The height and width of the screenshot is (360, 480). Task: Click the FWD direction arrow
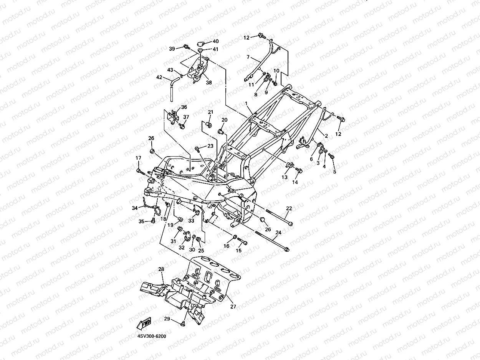pos(144,324)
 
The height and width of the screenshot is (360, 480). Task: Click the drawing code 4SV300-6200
pos(152,336)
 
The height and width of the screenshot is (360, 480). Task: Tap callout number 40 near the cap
pos(216,41)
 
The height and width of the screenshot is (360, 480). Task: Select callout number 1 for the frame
pos(246,103)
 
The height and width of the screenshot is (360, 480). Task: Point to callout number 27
pos(233,307)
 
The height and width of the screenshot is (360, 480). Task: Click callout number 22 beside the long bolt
pos(289,208)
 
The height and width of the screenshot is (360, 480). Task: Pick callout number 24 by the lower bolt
pos(278,233)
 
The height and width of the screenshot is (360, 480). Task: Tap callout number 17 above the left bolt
pos(138,158)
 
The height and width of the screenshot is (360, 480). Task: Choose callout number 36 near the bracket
pos(184,107)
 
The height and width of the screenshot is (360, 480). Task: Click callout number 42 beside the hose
pos(159,77)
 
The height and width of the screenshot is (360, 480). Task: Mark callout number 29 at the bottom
pos(167,319)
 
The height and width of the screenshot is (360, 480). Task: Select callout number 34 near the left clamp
pos(135,208)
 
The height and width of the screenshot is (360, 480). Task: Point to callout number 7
pos(248,57)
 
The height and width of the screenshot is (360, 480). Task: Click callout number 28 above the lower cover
pos(161,269)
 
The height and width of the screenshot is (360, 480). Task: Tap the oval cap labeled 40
pos(200,43)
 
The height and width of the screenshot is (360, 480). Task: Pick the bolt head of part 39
pos(186,46)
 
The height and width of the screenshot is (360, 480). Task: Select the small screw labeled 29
pos(183,324)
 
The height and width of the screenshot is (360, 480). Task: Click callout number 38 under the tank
pos(209,83)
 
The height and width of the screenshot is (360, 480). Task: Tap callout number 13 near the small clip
pos(284,177)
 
